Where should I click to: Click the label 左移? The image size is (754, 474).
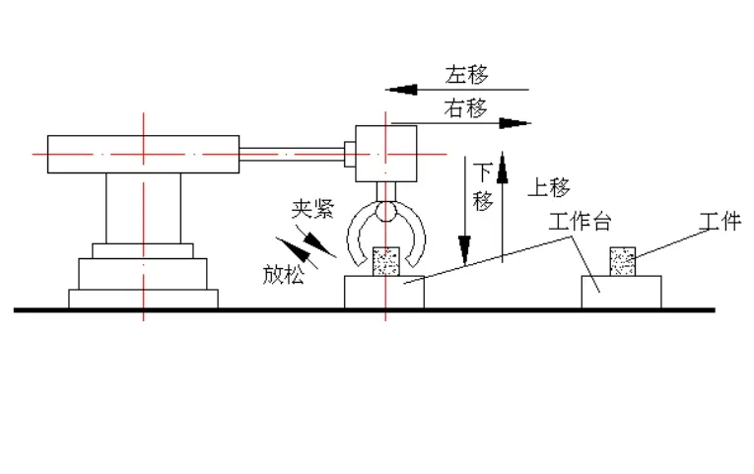click(466, 75)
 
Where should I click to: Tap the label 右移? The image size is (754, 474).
click(466, 107)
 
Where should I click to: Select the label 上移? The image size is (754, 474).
click(550, 187)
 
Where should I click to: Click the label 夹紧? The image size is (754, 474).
click(309, 209)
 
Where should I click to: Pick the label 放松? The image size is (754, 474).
click(283, 274)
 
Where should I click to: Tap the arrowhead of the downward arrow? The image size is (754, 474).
click(465, 246)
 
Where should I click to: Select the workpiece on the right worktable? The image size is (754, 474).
click(622, 261)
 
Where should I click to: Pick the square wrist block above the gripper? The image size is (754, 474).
click(385, 153)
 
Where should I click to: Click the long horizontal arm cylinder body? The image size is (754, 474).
click(142, 154)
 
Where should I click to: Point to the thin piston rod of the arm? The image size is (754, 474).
click(292, 153)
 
